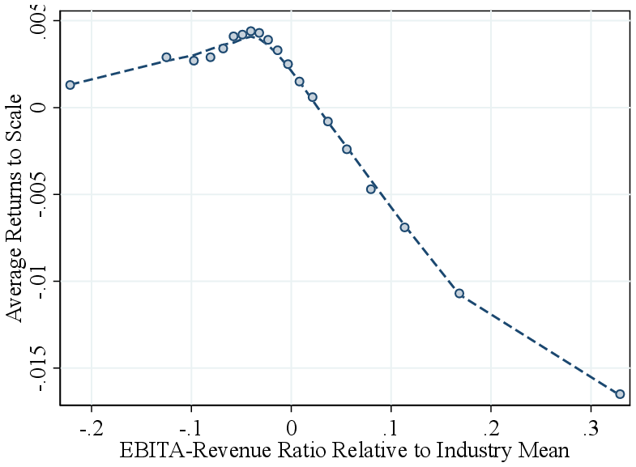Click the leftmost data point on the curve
[70, 85]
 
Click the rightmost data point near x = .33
[620, 394]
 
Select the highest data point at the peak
[251, 31]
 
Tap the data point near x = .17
[459, 294]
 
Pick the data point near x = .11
[404, 227]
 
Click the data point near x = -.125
[166, 57]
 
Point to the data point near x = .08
[371, 189]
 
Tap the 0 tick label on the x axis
[291, 426]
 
